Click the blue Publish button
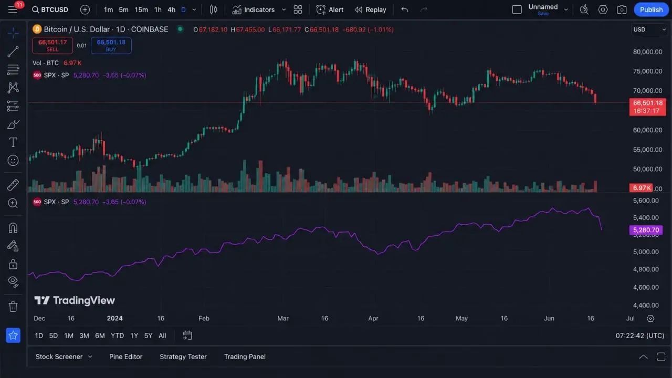651,9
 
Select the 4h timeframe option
171,10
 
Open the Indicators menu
254,10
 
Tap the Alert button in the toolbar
330,10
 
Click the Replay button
370,10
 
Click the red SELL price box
52,45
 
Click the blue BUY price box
111,45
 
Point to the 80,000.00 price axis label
647,52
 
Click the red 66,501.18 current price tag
648,107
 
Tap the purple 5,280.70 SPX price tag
646,230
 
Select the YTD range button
117,335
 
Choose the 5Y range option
148,335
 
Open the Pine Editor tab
125,356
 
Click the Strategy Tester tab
183,356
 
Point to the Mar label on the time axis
283,318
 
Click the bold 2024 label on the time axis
114,318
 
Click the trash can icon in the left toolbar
13,307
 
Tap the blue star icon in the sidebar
13,335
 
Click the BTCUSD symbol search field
50,10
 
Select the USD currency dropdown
649,29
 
